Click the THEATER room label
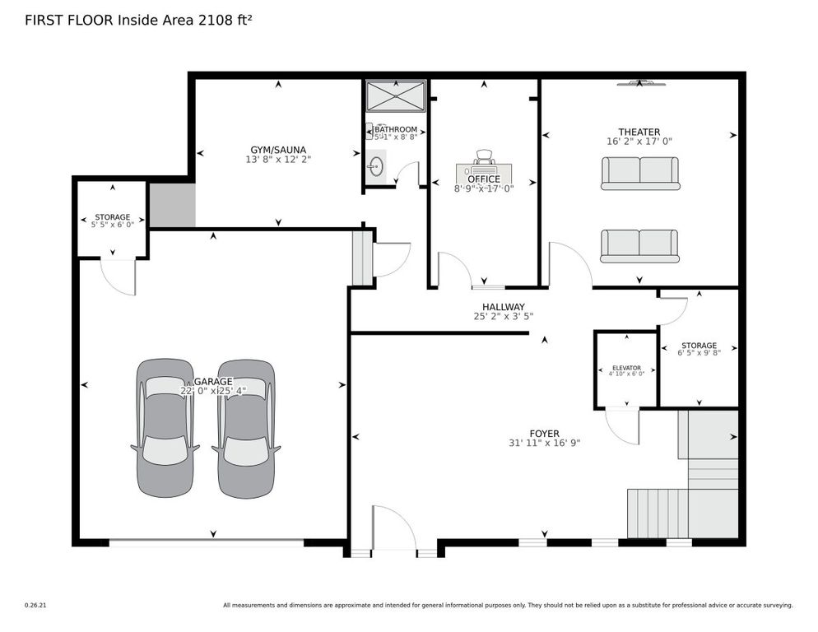tap(639, 132)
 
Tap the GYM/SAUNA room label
tap(277, 150)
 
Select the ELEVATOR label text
tap(625, 368)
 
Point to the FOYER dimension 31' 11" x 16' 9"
tap(544, 443)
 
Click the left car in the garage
tap(165, 428)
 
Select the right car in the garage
tap(245, 428)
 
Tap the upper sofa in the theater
tap(639, 173)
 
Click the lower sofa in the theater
tap(639, 246)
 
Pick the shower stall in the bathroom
tap(396, 95)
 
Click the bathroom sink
tap(375, 167)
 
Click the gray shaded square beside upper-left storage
tap(172, 205)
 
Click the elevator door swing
tap(624, 425)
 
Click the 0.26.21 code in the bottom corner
tap(35, 605)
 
